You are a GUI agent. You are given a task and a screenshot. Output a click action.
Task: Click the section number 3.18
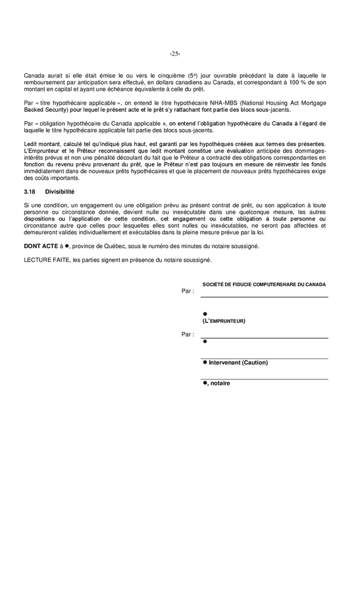click(x=30, y=191)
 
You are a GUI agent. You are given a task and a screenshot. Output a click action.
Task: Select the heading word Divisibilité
click(x=60, y=191)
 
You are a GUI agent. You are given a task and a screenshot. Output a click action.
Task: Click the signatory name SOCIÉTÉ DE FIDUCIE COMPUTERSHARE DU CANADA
click(x=264, y=284)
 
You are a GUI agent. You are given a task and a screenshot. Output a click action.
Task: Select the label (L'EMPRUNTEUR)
click(x=224, y=321)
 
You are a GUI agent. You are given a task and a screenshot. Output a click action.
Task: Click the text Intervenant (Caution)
click(x=238, y=362)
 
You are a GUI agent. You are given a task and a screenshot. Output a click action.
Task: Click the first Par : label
click(x=188, y=290)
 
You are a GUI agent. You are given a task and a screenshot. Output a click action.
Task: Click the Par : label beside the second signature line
click(x=188, y=335)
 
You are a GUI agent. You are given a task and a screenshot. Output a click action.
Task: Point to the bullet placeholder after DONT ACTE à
click(x=67, y=246)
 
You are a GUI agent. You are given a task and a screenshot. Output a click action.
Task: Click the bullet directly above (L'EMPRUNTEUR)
click(x=205, y=314)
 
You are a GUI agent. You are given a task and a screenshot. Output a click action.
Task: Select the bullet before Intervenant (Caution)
click(x=205, y=362)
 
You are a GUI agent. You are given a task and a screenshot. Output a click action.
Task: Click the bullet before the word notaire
click(x=205, y=382)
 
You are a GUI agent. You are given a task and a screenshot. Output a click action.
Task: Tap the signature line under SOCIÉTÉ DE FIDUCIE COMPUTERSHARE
click(x=265, y=297)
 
